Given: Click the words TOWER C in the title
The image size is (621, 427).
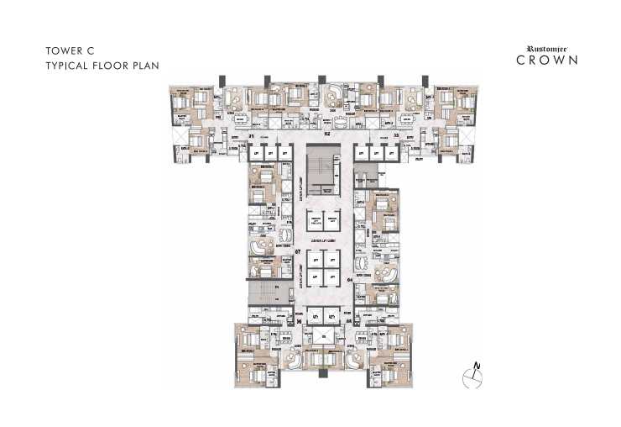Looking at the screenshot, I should click(69, 50).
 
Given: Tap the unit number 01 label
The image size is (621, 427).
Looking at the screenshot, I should click(250, 135).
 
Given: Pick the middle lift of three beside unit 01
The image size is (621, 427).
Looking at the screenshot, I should click(271, 154).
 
